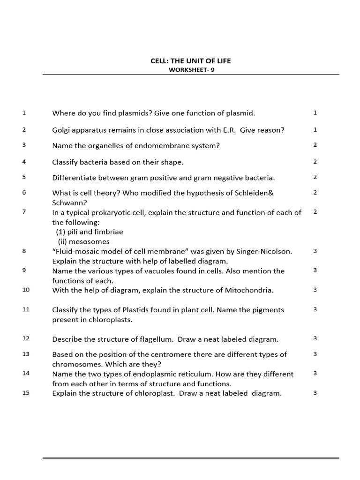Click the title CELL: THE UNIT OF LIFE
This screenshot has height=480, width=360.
190,61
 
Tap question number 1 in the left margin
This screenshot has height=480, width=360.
24,112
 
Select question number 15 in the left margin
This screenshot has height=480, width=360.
26,393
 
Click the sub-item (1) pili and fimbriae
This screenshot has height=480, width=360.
90,232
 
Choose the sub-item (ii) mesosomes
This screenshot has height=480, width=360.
83,241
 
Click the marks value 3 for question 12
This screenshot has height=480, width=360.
315,338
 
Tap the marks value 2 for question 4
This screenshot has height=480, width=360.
315,162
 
